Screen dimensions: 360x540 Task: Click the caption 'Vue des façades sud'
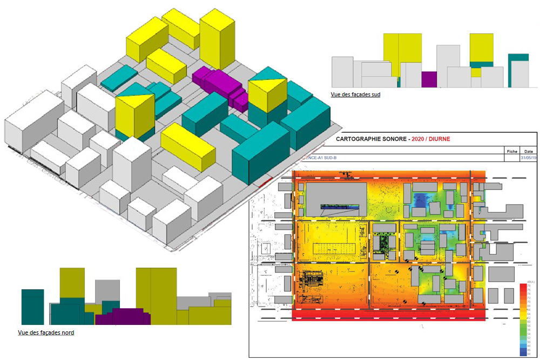point(356,94)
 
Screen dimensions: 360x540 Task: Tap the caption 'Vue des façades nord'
point(46,332)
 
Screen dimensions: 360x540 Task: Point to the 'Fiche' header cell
point(512,151)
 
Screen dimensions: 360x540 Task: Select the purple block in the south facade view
point(429,79)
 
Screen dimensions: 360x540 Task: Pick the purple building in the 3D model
point(219,84)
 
